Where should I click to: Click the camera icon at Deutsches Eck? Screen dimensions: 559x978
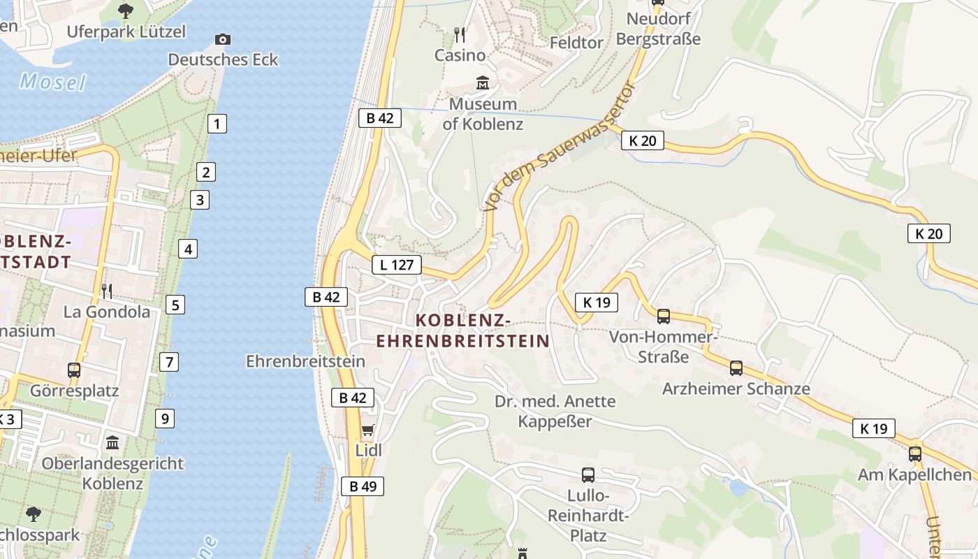[x=223, y=39]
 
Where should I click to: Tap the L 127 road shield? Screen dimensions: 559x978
[x=397, y=265]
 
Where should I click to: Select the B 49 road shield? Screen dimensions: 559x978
[x=363, y=486]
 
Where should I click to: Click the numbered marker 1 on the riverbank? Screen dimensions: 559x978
[x=217, y=124]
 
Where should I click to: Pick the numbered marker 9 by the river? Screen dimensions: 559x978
[x=165, y=419]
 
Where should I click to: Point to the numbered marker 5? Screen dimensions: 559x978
[x=175, y=305]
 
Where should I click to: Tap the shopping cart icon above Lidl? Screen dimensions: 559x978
[x=367, y=430]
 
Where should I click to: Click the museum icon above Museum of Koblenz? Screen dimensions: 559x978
[x=482, y=84]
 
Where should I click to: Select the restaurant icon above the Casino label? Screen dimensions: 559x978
[x=460, y=34]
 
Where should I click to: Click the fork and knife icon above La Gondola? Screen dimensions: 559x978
[x=107, y=291]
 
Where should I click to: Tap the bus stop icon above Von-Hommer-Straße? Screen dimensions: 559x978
[x=664, y=317]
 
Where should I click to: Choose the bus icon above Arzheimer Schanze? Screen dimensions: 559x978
[x=736, y=368]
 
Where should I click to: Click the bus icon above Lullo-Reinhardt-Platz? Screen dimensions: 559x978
[x=588, y=475]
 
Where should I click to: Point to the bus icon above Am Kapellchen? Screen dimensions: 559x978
[x=915, y=454]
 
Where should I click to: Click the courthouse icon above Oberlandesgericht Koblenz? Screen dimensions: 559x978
[x=112, y=443]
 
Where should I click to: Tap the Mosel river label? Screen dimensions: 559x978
[x=52, y=82]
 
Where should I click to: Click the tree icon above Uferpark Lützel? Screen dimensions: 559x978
[x=126, y=10]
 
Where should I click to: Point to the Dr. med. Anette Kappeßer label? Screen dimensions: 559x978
[x=555, y=412]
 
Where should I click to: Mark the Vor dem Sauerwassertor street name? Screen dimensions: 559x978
[x=560, y=147]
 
